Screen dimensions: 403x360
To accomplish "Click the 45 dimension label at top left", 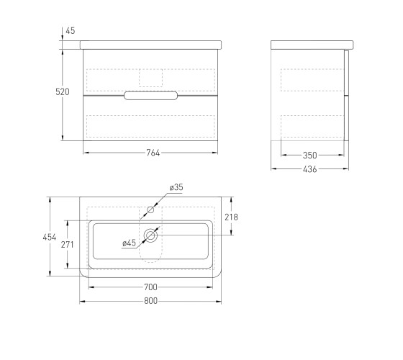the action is coord(71,31).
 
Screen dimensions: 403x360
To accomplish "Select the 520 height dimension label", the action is coord(63,92).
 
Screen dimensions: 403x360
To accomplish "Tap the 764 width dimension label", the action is coord(153,153).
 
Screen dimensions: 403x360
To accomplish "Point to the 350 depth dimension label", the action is coord(309,156).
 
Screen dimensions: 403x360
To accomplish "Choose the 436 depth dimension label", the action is coord(309,169).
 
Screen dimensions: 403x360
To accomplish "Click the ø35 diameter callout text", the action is coord(176,187).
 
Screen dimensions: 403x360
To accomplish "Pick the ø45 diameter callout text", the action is coord(129,243).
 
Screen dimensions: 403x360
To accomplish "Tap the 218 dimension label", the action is coord(231,217).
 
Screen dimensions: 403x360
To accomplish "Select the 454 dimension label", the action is coord(50,237).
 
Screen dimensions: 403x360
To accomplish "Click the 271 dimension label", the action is coord(68,245).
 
